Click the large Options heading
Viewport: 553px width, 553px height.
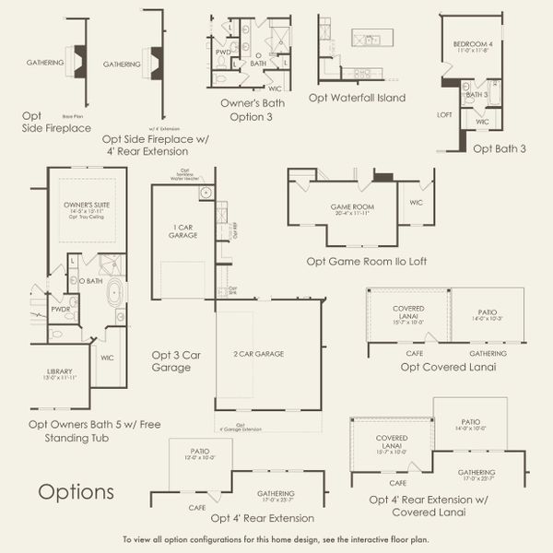[x=76, y=491]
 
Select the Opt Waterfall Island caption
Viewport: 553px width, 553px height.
[x=357, y=97]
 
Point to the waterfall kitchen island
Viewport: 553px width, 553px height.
[x=371, y=39]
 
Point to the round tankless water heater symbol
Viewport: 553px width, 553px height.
[x=206, y=193]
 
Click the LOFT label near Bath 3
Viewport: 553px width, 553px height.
[x=444, y=115]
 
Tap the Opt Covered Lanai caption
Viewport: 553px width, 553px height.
[x=448, y=367]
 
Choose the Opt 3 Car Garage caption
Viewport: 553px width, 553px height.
[x=171, y=359]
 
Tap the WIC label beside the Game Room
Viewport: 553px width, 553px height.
[x=416, y=202]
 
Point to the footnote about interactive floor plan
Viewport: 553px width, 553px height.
[x=276, y=539]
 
